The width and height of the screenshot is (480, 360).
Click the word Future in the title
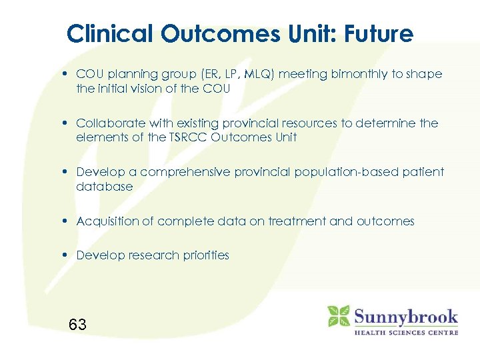click(x=379, y=33)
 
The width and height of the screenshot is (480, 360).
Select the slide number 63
click(x=77, y=325)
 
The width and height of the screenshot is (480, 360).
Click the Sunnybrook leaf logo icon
click(x=339, y=316)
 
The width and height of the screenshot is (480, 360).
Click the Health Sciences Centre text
click(x=405, y=331)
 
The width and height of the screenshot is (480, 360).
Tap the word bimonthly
click(x=354, y=74)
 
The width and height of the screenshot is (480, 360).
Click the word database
click(x=105, y=187)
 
